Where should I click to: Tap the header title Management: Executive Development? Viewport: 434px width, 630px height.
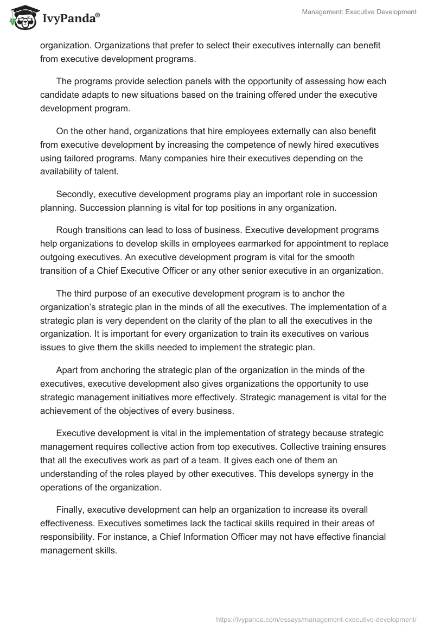(x=359, y=11)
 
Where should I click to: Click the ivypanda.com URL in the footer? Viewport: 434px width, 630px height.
(x=316, y=619)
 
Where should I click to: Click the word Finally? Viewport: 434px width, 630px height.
(x=71, y=509)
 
